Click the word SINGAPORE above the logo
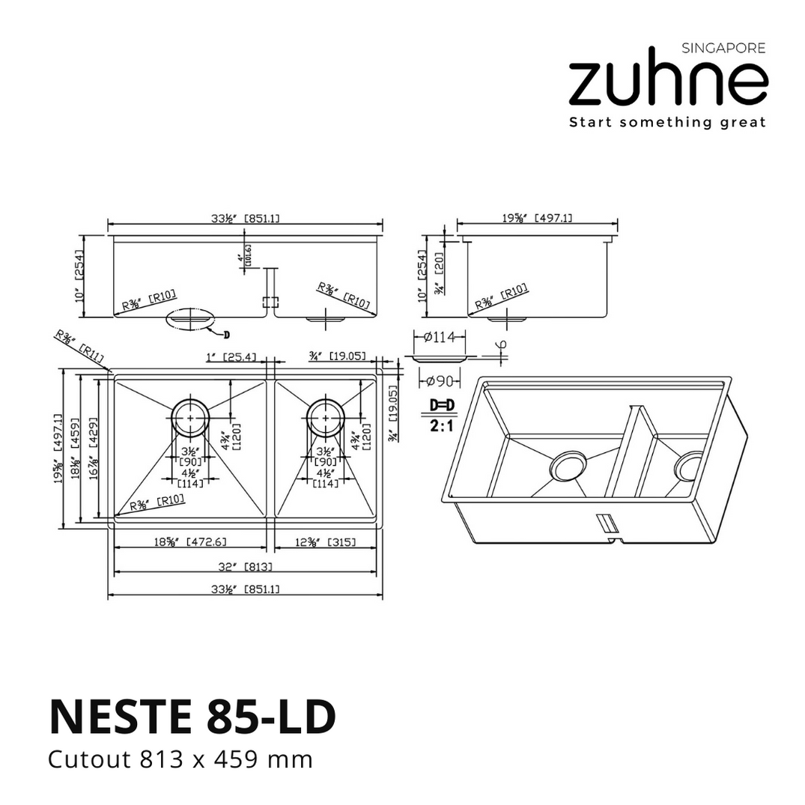[x=723, y=49]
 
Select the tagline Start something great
[x=667, y=122]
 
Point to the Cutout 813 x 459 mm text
[x=180, y=760]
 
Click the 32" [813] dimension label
[x=245, y=567]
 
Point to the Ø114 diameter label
[x=440, y=338]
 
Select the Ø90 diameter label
[x=441, y=381]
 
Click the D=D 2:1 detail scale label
[x=442, y=414]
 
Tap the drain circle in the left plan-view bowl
[x=191, y=416]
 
